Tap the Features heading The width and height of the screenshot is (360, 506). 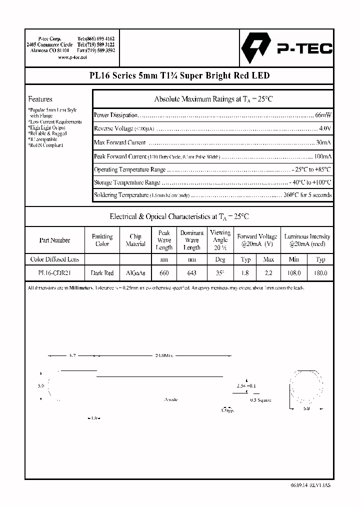40,99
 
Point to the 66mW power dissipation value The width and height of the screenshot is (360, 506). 323,115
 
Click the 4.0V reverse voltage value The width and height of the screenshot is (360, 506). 325,128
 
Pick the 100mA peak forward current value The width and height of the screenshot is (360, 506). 322,156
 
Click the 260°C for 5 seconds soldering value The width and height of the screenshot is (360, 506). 307,195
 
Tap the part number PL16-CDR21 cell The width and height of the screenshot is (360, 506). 54,273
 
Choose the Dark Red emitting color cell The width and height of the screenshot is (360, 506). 102,273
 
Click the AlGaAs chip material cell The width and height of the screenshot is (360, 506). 135,273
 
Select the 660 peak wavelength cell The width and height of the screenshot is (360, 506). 164,273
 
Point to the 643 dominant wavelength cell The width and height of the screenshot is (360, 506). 192,273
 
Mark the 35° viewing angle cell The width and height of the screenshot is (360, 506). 220,273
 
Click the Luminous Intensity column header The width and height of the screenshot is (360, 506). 307,240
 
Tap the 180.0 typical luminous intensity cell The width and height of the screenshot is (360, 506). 320,273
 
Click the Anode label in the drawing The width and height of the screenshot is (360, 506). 171,399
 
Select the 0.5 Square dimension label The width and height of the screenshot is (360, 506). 260,400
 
